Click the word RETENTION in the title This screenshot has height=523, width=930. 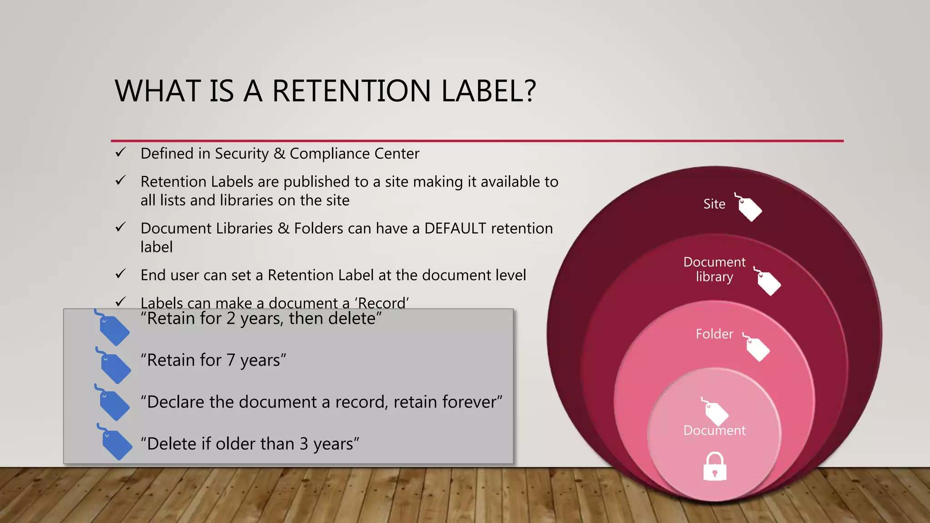pyautogui.click(x=351, y=91)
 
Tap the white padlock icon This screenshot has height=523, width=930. pyautogui.click(x=715, y=467)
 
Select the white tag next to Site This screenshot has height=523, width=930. pyautogui.click(x=749, y=208)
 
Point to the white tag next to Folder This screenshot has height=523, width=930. pyautogui.click(x=757, y=348)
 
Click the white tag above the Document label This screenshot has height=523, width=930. pyautogui.click(x=716, y=410)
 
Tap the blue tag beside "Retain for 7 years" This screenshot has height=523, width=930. pyautogui.click(x=115, y=366)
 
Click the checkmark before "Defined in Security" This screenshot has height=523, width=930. pyautogui.click(x=120, y=153)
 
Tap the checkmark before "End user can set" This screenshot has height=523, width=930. pyautogui.click(x=120, y=274)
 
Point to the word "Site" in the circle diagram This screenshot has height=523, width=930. pyautogui.click(x=714, y=204)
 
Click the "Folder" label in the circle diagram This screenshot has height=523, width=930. pyautogui.click(x=714, y=334)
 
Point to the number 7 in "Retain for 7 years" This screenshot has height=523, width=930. pyautogui.click(x=231, y=360)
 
